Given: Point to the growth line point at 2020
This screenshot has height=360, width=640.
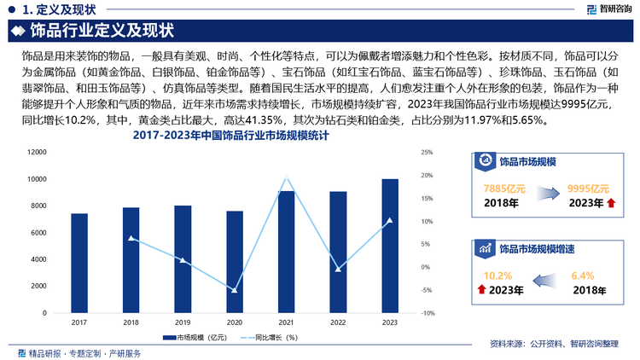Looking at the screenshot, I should (234, 291).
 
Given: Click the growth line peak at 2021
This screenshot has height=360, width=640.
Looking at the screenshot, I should (286, 177).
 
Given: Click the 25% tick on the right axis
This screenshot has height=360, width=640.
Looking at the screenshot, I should (428, 153).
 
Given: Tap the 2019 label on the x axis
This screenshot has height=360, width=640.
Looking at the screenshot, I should (183, 322).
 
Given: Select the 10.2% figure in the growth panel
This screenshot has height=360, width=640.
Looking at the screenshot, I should (497, 276).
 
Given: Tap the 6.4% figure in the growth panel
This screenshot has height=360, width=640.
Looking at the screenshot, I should (582, 276).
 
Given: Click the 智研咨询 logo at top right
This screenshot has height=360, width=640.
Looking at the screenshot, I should (609, 9).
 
